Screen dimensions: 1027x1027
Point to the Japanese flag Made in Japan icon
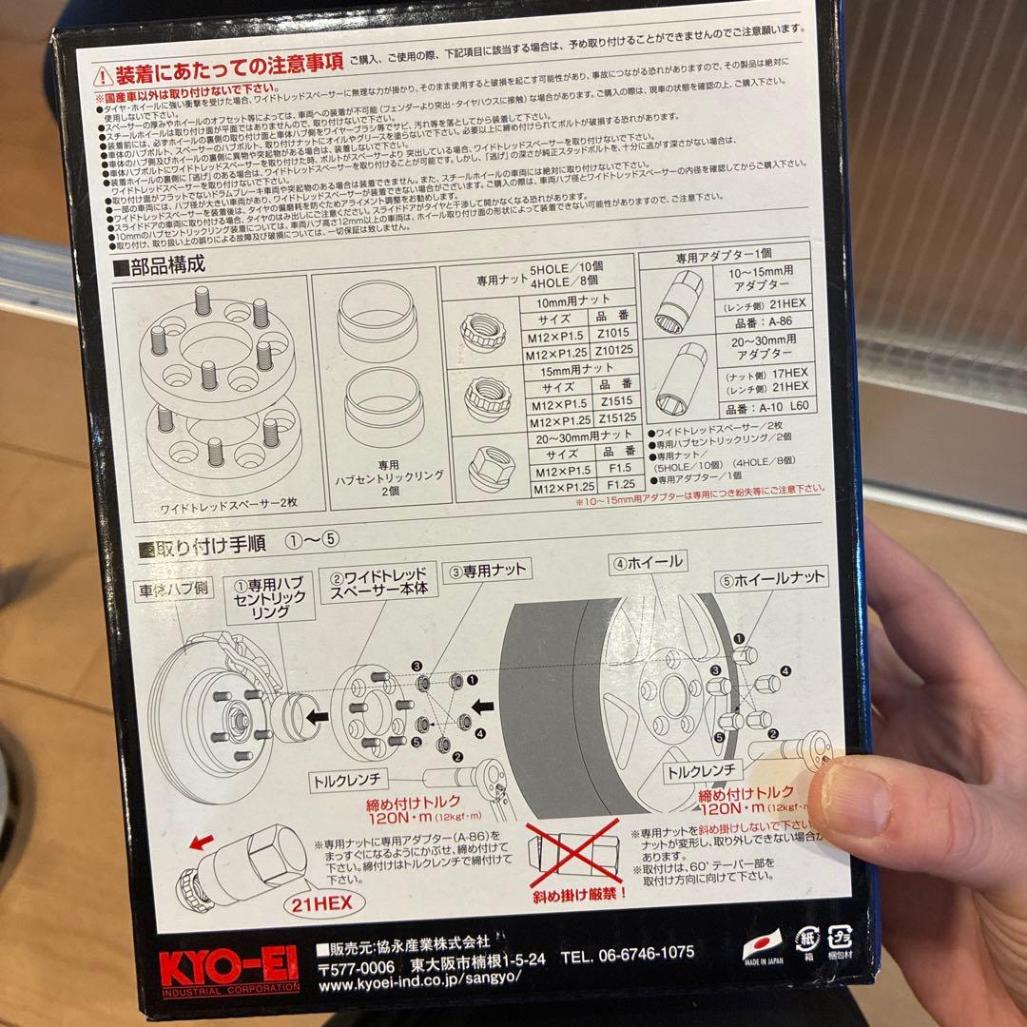click(759, 947)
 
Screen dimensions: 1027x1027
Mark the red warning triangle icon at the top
click(103, 74)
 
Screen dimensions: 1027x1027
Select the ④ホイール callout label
click(649, 562)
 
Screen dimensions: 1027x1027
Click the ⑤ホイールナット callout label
click(772, 576)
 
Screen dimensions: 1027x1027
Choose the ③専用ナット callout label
click(489, 572)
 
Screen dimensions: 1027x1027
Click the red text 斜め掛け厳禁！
click(569, 895)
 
